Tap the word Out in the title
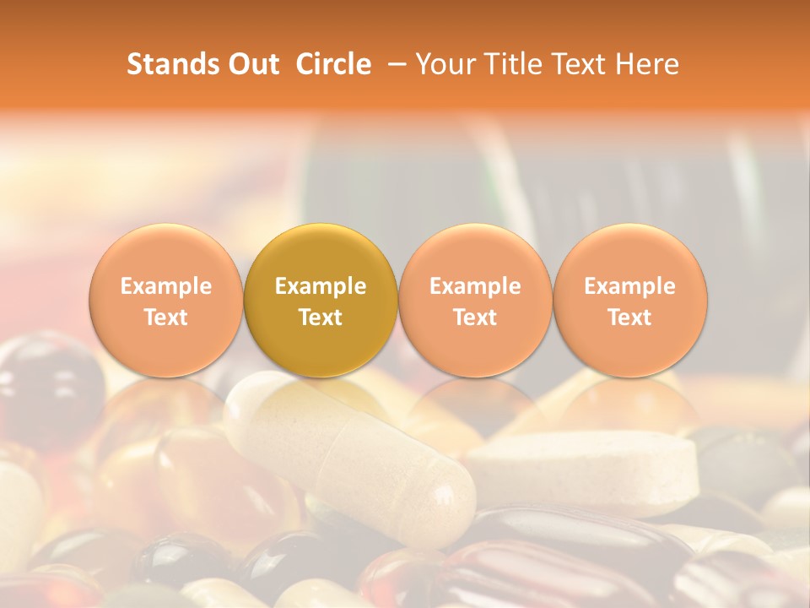coord(252,64)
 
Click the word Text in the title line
coord(582,64)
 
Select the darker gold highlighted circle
coord(321,300)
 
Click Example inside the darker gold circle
coord(321,286)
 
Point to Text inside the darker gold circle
coord(321,318)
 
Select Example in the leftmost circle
coord(166,286)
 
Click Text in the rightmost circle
coord(630,318)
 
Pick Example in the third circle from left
coord(475,286)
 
